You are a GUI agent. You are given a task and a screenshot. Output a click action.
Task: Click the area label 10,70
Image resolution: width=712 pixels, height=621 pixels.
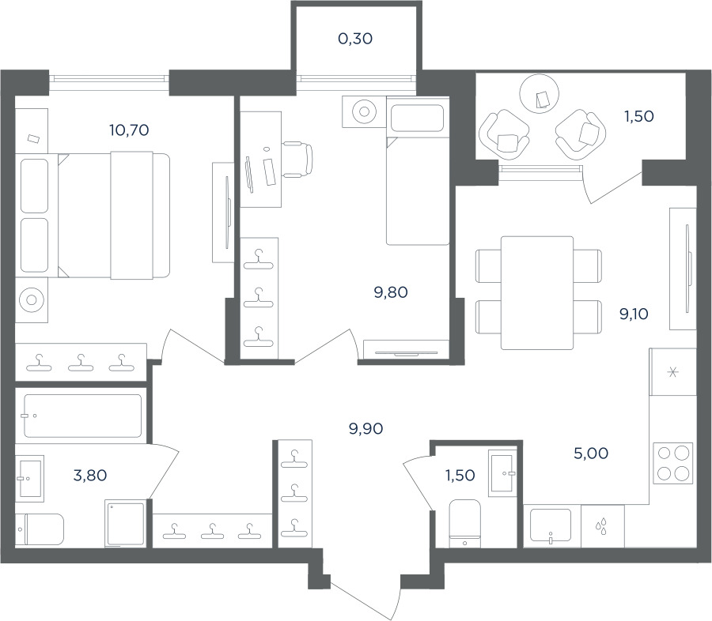coord(129,130)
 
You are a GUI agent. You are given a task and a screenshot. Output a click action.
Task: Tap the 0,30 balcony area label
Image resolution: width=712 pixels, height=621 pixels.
coord(355,39)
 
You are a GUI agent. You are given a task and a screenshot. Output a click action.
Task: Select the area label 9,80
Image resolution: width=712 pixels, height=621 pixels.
coord(391,292)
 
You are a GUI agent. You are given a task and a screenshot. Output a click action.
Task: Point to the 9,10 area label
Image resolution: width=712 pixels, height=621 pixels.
coord(634,314)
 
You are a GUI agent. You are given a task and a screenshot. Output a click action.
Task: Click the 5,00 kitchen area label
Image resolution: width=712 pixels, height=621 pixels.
coord(591,453)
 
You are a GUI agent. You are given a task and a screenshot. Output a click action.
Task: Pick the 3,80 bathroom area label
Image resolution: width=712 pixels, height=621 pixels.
coord(90,476)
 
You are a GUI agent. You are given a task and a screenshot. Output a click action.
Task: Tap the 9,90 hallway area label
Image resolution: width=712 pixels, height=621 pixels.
coord(365,428)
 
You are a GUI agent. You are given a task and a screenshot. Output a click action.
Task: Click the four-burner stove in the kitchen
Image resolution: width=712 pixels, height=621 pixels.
coord(673,462)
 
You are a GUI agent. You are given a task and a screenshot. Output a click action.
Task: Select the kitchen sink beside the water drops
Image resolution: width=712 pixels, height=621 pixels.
coord(551,525)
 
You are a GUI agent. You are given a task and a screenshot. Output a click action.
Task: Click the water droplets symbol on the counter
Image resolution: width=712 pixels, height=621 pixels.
coord(601,526)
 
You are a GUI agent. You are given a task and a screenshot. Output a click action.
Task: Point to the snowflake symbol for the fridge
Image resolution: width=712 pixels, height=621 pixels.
coord(672,372)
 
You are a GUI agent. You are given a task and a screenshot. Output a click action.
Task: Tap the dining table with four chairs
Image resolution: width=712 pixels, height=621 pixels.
coord(537,293)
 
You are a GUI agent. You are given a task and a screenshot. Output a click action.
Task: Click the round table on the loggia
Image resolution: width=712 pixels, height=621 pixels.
coord(539,94)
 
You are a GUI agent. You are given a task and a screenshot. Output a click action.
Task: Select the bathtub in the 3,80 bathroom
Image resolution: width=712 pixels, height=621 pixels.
coord(82,416)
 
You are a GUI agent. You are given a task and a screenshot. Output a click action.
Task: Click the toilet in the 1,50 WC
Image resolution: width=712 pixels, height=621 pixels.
coord(464,524)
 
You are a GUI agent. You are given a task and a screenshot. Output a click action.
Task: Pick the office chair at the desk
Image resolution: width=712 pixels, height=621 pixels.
coord(298,159)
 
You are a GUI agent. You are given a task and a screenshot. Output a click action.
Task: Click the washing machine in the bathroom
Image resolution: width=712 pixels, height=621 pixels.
coord(125,524)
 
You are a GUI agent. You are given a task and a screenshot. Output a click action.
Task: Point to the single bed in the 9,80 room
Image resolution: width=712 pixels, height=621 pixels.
coord(418,171)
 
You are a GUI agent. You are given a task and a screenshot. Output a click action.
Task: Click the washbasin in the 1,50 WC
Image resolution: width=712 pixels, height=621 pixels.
coord(502,472)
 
